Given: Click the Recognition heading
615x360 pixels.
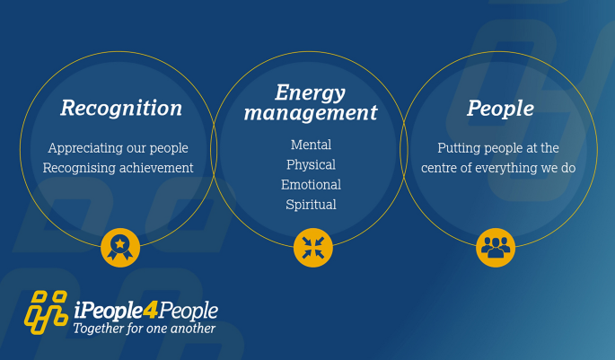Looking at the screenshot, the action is [x=121, y=109].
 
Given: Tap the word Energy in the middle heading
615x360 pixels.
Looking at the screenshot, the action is [x=310, y=93].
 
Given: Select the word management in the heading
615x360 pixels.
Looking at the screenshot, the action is [x=311, y=112].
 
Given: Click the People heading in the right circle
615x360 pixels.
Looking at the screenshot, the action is [x=500, y=109].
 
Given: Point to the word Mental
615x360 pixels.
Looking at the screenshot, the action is [x=311, y=145].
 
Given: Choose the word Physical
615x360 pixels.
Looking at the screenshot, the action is [x=311, y=165].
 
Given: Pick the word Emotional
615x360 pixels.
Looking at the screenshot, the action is [x=311, y=185].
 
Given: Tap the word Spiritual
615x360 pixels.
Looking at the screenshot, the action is [x=311, y=205].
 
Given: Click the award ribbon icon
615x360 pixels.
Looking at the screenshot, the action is [x=120, y=248].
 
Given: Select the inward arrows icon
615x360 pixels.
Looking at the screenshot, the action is [x=313, y=248].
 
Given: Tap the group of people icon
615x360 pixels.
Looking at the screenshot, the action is [x=496, y=248].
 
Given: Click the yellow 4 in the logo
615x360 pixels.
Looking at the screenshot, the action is [x=150, y=311].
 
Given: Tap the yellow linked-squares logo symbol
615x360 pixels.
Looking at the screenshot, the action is [x=47, y=312].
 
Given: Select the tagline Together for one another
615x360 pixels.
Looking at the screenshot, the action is [x=145, y=329].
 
